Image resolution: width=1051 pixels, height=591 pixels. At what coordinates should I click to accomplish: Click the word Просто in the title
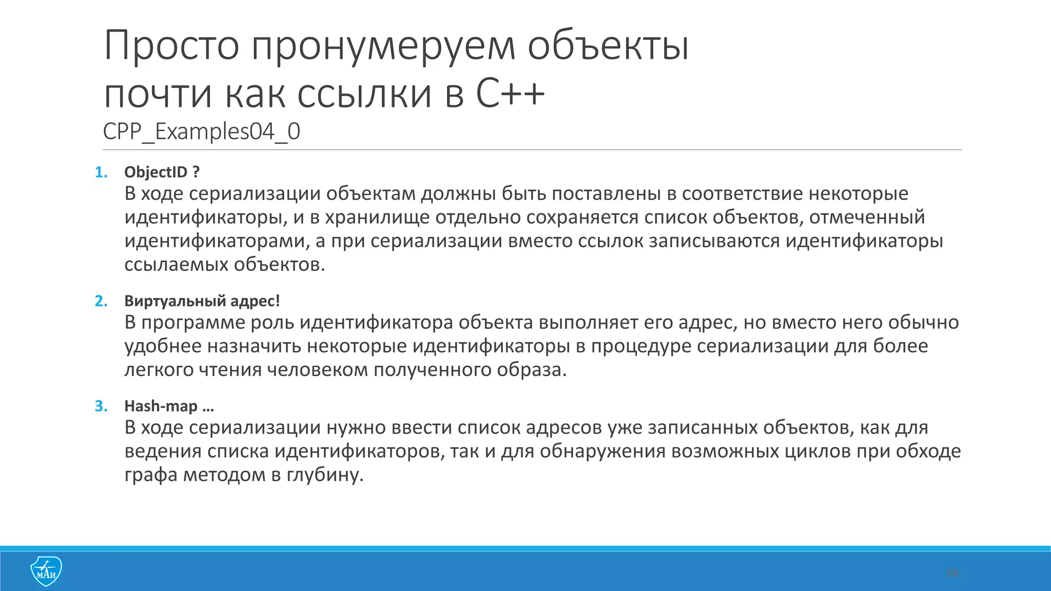(171, 46)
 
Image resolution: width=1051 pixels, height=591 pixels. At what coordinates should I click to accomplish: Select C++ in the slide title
(510, 94)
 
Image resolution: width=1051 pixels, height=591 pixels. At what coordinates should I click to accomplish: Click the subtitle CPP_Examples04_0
(201, 132)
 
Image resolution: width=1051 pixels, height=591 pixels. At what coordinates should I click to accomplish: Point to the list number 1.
(101, 172)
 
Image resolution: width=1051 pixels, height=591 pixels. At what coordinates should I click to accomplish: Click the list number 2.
(101, 301)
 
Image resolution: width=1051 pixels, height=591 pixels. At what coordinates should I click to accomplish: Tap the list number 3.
(101, 406)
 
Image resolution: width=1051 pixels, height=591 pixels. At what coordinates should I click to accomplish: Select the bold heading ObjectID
(156, 172)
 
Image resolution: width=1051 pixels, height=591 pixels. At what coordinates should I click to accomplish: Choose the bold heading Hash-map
(161, 406)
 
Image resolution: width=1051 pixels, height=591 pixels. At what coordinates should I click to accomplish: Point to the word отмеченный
(867, 218)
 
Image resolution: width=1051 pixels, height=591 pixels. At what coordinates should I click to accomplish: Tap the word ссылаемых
(177, 265)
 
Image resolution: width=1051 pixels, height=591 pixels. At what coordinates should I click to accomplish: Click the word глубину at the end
(324, 475)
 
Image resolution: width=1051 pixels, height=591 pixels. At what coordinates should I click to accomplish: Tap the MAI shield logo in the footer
(46, 571)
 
